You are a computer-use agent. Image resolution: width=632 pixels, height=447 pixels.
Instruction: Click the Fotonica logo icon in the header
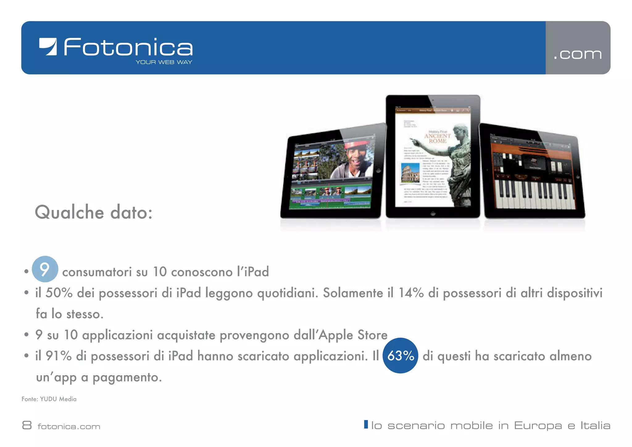click(x=48, y=47)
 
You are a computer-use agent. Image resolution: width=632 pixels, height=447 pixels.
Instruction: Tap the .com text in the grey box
click(x=577, y=54)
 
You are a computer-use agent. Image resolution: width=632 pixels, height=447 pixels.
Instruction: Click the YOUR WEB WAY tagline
click(x=164, y=62)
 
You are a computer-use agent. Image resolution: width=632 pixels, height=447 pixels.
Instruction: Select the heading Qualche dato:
click(x=94, y=212)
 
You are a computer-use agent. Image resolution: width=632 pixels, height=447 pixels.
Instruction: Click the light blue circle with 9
click(x=45, y=269)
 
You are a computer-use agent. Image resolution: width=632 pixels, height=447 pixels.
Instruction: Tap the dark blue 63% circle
click(x=400, y=356)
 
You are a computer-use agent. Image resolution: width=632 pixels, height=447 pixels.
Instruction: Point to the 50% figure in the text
click(x=59, y=293)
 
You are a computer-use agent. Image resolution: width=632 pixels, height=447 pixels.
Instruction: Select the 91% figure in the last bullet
click(x=58, y=356)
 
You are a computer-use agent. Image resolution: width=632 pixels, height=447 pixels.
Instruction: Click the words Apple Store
click(x=353, y=335)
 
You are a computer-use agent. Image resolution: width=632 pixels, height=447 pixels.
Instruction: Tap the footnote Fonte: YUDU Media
click(x=49, y=399)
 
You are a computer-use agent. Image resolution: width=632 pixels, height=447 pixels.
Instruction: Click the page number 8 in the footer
click(x=27, y=425)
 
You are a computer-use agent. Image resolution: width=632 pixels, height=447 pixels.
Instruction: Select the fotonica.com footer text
click(x=69, y=427)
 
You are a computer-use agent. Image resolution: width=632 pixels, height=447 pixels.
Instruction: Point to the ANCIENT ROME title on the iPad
click(x=437, y=138)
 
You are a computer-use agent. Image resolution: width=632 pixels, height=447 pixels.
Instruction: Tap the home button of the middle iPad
click(x=433, y=213)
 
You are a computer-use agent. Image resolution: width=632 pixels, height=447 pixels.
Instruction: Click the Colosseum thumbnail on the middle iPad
click(x=410, y=173)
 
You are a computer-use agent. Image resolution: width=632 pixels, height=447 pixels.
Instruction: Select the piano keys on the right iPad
click(x=535, y=194)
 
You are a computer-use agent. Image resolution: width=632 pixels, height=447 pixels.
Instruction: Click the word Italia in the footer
click(x=595, y=425)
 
